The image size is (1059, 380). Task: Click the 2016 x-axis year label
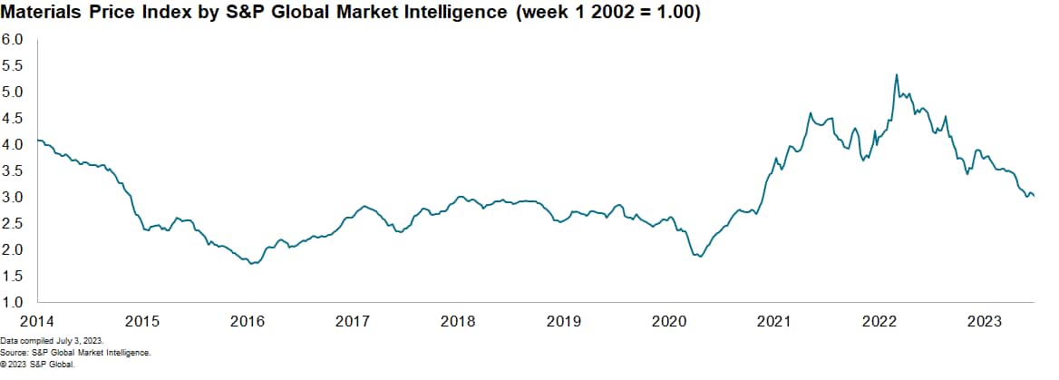point(248,321)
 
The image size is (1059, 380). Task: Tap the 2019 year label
point(564,321)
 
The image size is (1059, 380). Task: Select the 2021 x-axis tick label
point(774,321)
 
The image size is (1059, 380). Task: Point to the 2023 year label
point(985,321)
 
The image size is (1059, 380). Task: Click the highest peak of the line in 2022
point(897,75)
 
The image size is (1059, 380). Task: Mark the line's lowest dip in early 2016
point(251,263)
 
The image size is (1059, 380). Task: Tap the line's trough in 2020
point(701,257)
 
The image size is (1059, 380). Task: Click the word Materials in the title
point(44,15)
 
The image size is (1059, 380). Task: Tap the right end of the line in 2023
point(1035,195)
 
